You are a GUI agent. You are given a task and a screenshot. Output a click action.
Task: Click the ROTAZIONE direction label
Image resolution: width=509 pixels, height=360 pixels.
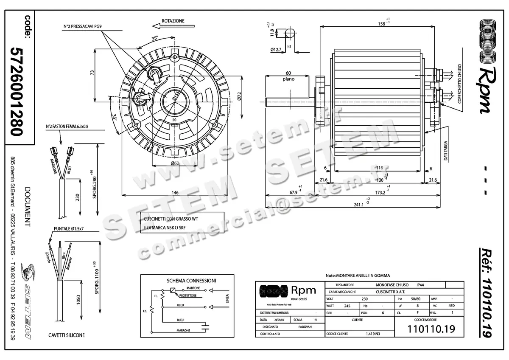pyautogui.click(x=173, y=21)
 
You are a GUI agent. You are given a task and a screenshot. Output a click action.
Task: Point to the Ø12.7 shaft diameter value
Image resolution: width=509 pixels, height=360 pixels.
pyautogui.click(x=276, y=50)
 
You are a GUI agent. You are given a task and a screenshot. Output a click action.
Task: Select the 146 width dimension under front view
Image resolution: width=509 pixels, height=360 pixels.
pyautogui.click(x=174, y=193)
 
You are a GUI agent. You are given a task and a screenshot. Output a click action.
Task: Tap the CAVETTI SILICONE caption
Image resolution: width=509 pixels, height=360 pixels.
pyautogui.click(x=67, y=335)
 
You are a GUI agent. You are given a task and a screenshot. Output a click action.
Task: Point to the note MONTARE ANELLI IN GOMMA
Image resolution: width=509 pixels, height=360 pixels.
pyautogui.click(x=357, y=276)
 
